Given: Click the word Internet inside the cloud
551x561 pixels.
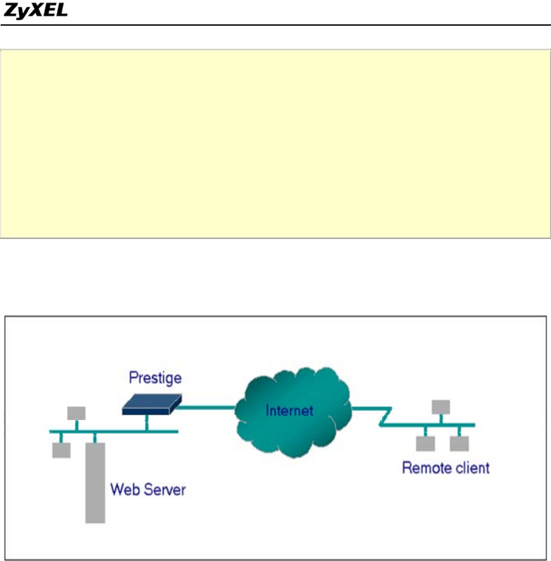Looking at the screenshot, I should point(289,411).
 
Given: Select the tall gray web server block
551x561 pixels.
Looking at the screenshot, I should point(95,483).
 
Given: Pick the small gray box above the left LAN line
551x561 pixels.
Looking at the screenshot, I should point(76,413).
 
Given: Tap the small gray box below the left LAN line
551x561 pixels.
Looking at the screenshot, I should point(61,450).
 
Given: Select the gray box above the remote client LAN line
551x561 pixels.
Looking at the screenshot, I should point(441,406).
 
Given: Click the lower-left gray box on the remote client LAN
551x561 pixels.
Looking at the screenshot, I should point(425,444).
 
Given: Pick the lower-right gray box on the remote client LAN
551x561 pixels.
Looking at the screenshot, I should point(459,444).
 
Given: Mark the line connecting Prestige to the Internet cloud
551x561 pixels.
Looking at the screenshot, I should point(207,407).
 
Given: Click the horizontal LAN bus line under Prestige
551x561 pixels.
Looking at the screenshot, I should point(118,431).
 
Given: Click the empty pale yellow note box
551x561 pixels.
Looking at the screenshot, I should point(275,143).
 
